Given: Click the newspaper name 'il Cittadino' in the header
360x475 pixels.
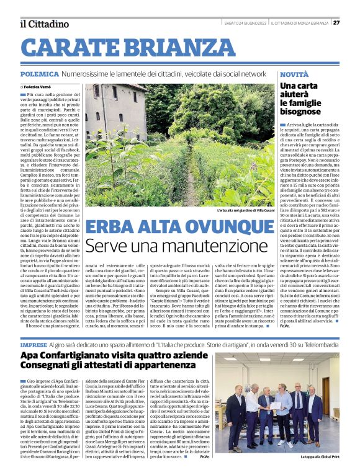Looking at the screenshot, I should tap(43, 24).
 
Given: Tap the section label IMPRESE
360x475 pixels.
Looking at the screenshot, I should tap(34, 344).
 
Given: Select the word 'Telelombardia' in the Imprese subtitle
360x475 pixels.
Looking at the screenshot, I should tap(318, 344).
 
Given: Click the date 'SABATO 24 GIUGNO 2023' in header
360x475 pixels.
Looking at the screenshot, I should tap(245, 23).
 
